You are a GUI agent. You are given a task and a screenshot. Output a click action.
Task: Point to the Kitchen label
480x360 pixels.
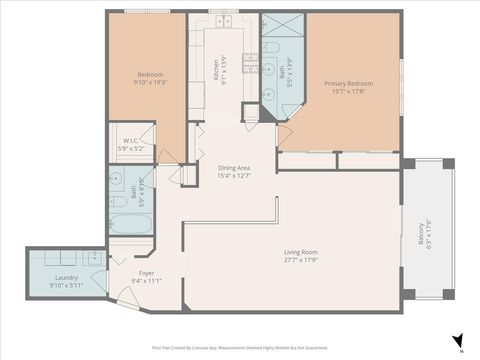(216, 70)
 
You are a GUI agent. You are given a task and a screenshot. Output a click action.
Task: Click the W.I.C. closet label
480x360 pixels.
(131, 141)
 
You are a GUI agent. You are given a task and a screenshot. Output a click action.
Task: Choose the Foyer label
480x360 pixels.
(146, 272)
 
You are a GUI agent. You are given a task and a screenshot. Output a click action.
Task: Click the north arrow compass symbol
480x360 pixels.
(457, 341)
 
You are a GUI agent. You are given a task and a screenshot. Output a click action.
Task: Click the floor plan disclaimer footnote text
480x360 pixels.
(240, 349)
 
